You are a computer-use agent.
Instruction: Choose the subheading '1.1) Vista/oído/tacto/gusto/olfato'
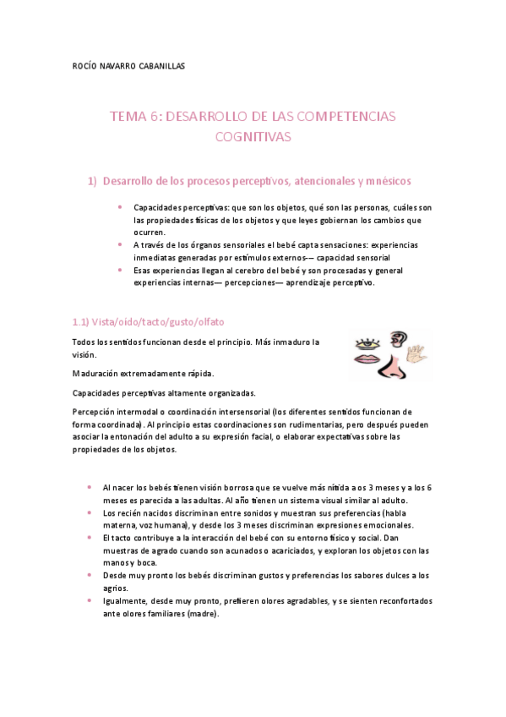tap(148, 322)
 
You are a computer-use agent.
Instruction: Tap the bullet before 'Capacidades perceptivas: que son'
tap(122, 207)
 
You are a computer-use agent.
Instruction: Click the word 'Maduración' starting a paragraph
tap(95, 373)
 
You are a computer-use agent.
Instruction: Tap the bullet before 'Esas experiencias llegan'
tap(122, 271)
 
